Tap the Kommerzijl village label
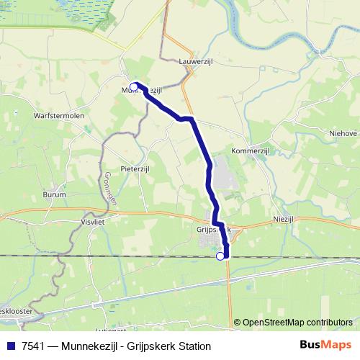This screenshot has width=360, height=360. (x=250, y=151)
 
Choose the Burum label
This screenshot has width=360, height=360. (x=54, y=194)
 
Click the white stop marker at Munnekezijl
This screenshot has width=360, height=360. (x=134, y=87)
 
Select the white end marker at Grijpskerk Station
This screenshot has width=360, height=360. (x=220, y=256)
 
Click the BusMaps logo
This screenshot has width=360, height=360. (x=325, y=345)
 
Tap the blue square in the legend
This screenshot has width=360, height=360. (x=11, y=346)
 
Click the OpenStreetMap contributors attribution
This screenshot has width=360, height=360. (x=297, y=323)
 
